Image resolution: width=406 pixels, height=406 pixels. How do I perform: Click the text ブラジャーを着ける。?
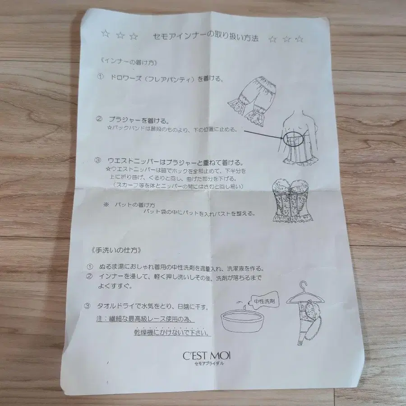[138, 120]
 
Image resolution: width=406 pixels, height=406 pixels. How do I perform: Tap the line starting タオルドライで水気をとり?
[153, 307]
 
